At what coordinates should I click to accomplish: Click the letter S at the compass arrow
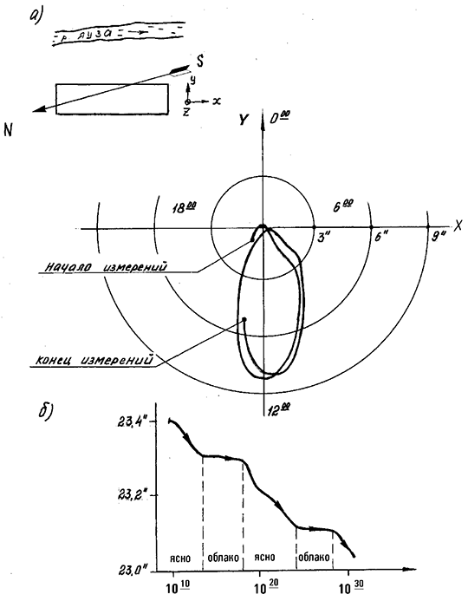coord(198,61)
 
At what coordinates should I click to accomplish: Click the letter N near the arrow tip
coord(8,130)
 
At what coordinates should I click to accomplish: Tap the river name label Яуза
coord(94,35)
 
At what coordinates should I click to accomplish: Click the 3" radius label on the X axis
coord(323,238)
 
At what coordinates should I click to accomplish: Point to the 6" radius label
coord(381,238)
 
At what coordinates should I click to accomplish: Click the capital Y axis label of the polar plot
coord(244,120)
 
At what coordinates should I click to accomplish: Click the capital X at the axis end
coord(458,226)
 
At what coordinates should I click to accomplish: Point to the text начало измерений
coord(106,267)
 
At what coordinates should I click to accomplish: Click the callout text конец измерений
coord(94,360)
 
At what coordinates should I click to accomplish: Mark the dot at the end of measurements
coord(244,319)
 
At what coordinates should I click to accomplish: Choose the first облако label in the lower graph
coord(223,558)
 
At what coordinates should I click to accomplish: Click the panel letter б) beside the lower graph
coord(46,411)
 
